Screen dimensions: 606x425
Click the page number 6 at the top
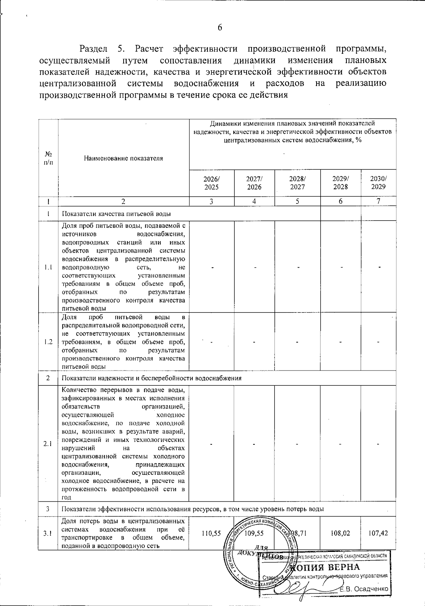[220, 28]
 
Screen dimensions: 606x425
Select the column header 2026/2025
[211, 183]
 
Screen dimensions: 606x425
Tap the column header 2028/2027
[297, 183]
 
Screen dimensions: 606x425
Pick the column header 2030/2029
[378, 183]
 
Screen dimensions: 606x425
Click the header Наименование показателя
[123, 158]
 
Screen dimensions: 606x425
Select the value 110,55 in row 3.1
[211, 533]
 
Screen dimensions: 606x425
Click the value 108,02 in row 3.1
[340, 533]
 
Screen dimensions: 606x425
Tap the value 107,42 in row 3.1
[378, 533]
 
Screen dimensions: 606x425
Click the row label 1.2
[49, 342]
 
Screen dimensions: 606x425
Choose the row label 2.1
[49, 444]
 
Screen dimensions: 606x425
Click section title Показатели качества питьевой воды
[117, 214]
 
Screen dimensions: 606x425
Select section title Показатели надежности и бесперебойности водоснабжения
[152, 378]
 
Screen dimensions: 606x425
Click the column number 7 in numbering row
[378, 201]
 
